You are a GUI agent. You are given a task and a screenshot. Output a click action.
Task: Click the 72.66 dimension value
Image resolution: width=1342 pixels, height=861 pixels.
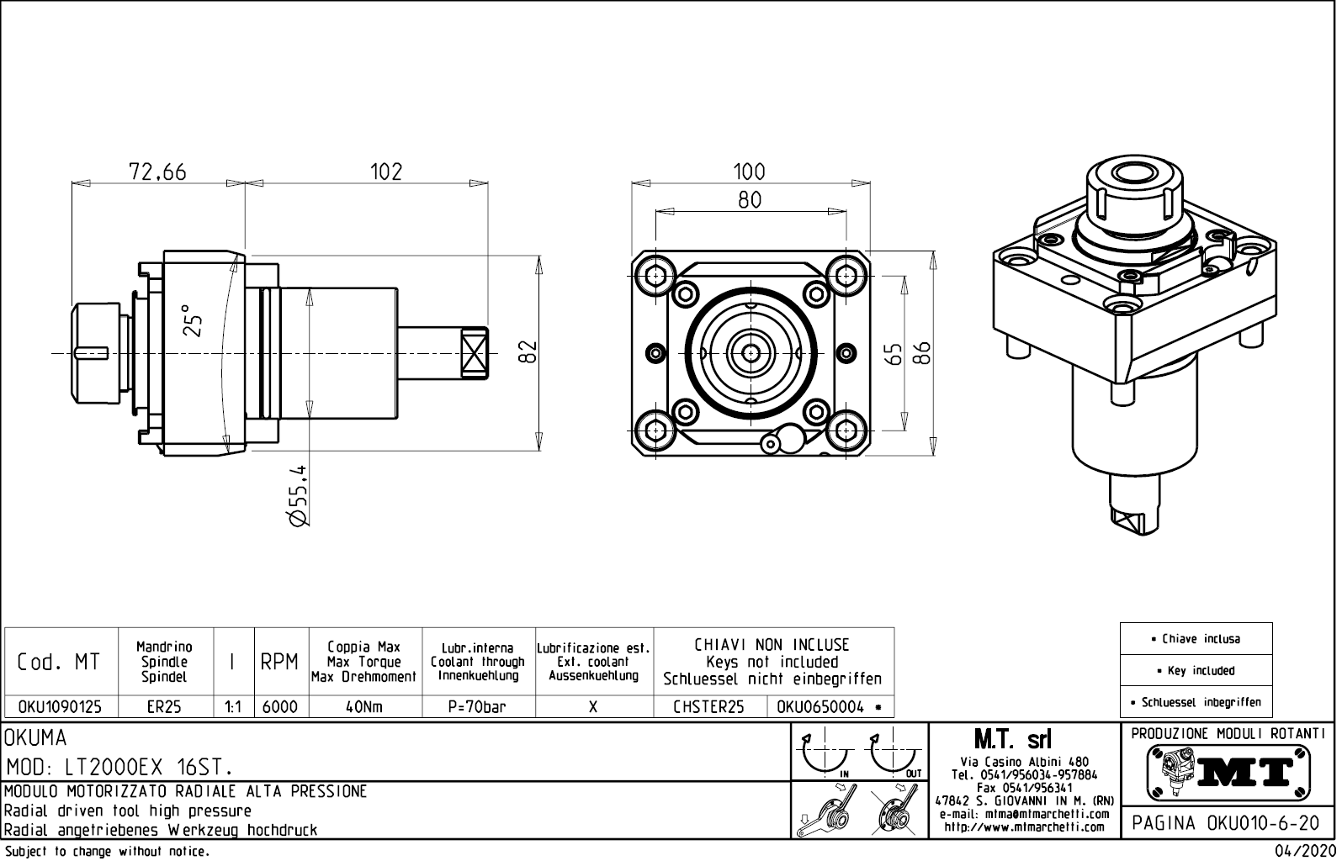[157, 172]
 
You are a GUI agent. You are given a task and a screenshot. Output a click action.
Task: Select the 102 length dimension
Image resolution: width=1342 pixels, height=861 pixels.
[386, 172]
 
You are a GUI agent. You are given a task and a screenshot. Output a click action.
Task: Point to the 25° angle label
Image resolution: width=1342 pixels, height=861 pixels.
[193, 320]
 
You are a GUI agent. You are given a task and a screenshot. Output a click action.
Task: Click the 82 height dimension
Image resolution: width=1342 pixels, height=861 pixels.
[528, 351]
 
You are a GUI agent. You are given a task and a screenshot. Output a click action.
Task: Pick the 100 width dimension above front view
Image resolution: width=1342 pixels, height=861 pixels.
[749, 172]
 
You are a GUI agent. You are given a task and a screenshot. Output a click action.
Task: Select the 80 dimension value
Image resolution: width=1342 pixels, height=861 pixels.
[749, 199]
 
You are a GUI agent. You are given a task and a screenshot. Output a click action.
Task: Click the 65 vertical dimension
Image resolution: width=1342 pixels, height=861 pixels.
[894, 353]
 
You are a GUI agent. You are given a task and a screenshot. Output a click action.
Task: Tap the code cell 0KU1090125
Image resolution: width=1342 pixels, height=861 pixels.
[60, 707]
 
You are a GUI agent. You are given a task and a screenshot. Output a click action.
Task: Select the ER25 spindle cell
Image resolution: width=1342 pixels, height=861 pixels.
[164, 707]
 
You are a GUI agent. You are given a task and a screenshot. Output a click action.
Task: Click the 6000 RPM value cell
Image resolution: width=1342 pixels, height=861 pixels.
[280, 707]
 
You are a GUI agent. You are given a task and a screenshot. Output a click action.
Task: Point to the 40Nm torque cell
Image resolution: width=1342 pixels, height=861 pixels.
[364, 707]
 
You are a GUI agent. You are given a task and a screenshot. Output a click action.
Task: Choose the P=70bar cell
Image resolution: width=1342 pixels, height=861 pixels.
[477, 707]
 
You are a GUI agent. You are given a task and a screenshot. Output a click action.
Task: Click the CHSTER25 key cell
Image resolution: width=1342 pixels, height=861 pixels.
[708, 707]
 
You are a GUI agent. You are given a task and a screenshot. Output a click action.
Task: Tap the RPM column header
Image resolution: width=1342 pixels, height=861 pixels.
[280, 663]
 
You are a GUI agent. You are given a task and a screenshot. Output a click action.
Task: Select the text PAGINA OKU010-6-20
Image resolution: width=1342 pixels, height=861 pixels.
[1227, 823]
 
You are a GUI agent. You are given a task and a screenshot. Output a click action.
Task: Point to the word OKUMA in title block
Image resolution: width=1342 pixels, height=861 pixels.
[36, 738]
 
